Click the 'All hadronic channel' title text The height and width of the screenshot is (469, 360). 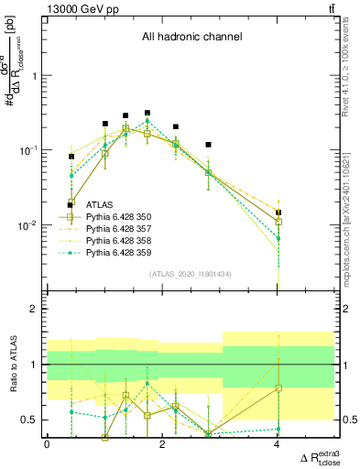[x=191, y=38]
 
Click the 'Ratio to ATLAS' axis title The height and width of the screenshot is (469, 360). [x=12, y=365]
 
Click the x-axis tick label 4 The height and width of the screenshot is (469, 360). [x=278, y=444]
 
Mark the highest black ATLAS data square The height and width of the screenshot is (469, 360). [x=147, y=113]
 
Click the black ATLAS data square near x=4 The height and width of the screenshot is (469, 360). [x=278, y=213]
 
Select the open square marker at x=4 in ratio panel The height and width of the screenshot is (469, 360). [x=278, y=388]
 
